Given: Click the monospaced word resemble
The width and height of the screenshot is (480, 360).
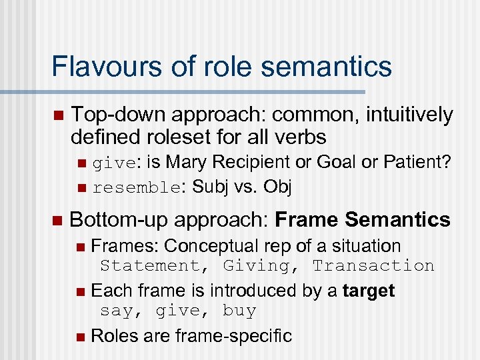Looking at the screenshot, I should pyautogui.click(x=135, y=188).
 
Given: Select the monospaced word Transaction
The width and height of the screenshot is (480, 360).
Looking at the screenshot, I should pyautogui.click(x=373, y=265).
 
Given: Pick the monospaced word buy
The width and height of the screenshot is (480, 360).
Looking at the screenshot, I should pyautogui.click(x=239, y=311).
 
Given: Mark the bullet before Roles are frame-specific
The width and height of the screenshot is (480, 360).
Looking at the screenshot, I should pyautogui.click(x=80, y=336).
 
